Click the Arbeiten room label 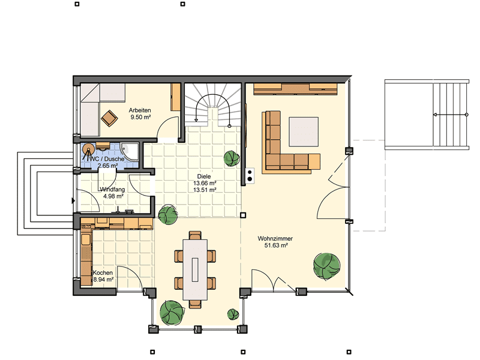[x=140, y=110]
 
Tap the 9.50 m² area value [x=140, y=117]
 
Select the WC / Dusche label [x=107, y=159]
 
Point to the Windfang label [x=112, y=190]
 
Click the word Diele [x=204, y=176]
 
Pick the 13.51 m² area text [x=205, y=190]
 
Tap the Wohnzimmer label [x=275, y=238]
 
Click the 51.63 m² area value [x=276, y=245]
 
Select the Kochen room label [x=103, y=272]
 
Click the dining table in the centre [x=195, y=269]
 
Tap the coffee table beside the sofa [x=304, y=131]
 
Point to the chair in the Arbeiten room [x=109, y=118]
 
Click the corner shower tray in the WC [x=130, y=152]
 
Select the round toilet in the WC [x=88, y=150]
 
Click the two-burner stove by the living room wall [x=250, y=175]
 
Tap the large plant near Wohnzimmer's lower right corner [x=326, y=266]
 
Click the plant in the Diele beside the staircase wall [x=232, y=158]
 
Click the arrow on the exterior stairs [x=450, y=115]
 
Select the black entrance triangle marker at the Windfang [x=73, y=201]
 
